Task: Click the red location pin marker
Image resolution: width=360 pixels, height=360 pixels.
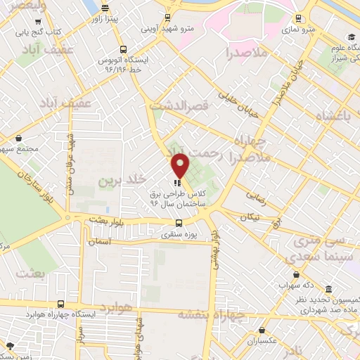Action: (x=180, y=165)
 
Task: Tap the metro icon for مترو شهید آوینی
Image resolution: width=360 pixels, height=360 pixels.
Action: (x=167, y=18)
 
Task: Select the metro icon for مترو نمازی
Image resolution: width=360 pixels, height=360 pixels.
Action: (x=299, y=19)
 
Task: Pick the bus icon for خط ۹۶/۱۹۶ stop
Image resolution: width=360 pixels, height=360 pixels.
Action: (x=124, y=49)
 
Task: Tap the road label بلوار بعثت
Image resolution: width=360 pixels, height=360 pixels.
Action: (x=106, y=221)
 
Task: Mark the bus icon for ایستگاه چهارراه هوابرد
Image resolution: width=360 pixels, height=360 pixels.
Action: (x=62, y=304)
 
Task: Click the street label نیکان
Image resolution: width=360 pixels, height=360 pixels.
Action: (x=249, y=217)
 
